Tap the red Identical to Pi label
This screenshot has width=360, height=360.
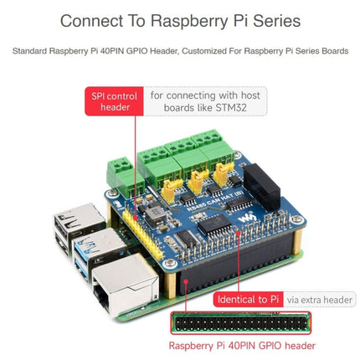click(x=247, y=298)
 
